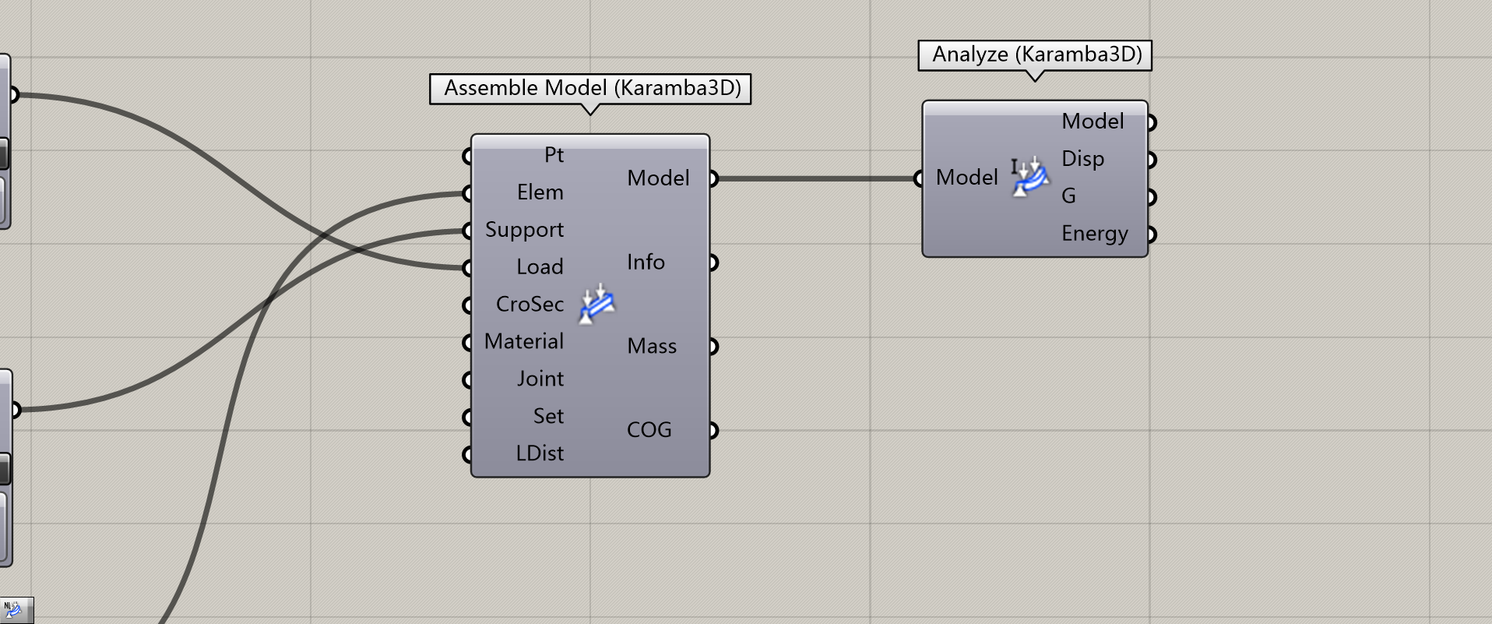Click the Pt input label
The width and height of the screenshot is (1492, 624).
(x=554, y=155)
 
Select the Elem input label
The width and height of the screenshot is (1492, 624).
(x=540, y=192)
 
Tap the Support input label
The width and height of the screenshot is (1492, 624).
(x=524, y=230)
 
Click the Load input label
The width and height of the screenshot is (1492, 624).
(x=540, y=267)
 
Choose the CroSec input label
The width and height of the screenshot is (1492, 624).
(x=530, y=305)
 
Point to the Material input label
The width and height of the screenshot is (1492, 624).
(x=523, y=342)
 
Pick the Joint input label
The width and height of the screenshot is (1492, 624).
(x=540, y=379)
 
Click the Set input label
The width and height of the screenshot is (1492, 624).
(x=548, y=417)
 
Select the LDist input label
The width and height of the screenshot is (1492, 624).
(x=540, y=453)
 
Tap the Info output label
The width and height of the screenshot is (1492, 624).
(x=646, y=263)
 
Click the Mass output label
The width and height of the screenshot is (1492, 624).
(x=652, y=347)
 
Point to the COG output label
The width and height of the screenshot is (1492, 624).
(x=649, y=430)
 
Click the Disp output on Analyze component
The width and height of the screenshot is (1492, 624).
(x=1082, y=159)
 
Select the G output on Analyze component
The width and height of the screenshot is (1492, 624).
(x=1068, y=196)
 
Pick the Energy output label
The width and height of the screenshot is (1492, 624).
(x=1094, y=234)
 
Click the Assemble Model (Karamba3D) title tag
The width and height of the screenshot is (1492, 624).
(x=591, y=88)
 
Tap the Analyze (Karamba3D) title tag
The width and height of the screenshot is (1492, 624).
(x=1036, y=55)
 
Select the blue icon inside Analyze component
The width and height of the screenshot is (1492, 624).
(x=1030, y=178)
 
